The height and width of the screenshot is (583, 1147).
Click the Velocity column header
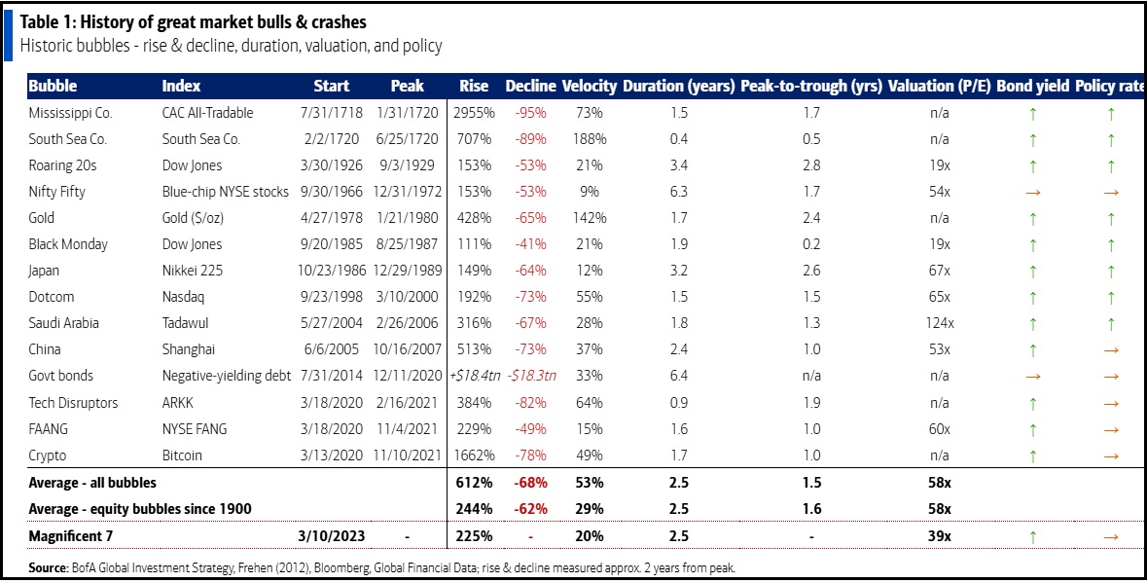[589, 86]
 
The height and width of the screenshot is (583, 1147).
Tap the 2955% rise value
[472, 113]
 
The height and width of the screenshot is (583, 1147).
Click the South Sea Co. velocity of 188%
[590, 139]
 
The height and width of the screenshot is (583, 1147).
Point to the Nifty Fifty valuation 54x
[939, 192]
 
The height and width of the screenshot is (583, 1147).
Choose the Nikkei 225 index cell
[193, 271]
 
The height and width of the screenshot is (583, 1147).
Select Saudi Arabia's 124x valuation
[939, 323]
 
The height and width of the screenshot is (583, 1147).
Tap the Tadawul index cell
[185, 323]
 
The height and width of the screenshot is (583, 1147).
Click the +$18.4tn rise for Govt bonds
[473, 376]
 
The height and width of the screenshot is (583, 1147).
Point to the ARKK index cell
[179, 402]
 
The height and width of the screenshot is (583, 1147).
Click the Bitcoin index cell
[183, 455]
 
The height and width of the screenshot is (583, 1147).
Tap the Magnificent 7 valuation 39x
[939, 535]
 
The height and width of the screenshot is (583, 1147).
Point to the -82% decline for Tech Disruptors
[531, 402]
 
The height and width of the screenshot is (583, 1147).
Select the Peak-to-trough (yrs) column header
[810, 86]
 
